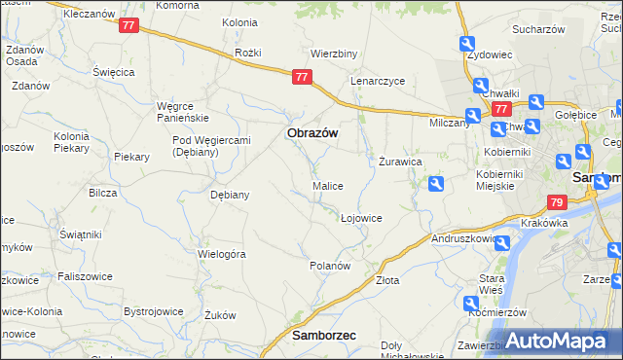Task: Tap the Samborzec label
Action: [323, 335]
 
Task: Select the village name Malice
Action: [327, 185]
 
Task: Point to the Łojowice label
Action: [361, 218]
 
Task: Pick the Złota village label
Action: [387, 280]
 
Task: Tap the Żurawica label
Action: [399, 162]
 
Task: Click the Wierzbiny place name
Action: [332, 53]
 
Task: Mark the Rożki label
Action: [249, 52]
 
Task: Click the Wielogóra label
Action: [221, 253]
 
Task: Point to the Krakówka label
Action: [544, 223]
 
